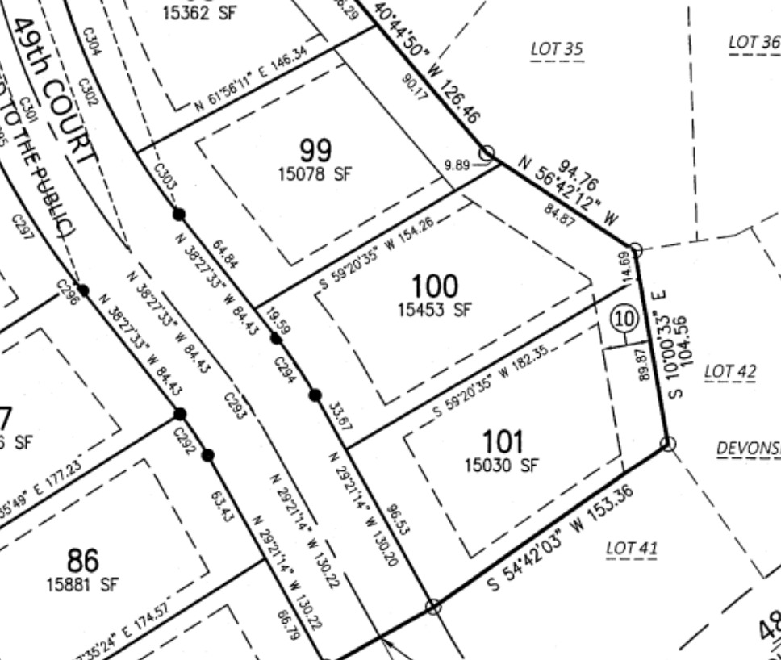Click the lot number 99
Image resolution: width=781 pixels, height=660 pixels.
[x=315, y=150]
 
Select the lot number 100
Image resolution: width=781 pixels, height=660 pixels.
[x=434, y=286]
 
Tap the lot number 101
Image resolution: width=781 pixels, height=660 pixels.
[x=502, y=441]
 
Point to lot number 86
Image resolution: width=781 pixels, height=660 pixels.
[x=82, y=559]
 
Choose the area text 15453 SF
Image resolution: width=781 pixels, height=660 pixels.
[x=434, y=309]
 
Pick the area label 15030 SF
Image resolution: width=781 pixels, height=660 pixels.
[x=501, y=465]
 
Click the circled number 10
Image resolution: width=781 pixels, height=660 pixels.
[x=624, y=318]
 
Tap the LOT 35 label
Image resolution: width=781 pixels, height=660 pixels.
[x=557, y=49]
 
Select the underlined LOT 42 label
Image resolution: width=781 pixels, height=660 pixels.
[x=730, y=371]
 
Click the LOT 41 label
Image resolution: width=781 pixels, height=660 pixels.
[x=632, y=549]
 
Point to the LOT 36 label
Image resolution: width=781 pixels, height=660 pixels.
[x=754, y=42]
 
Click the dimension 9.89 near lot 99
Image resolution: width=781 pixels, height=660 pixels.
[x=456, y=165]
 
